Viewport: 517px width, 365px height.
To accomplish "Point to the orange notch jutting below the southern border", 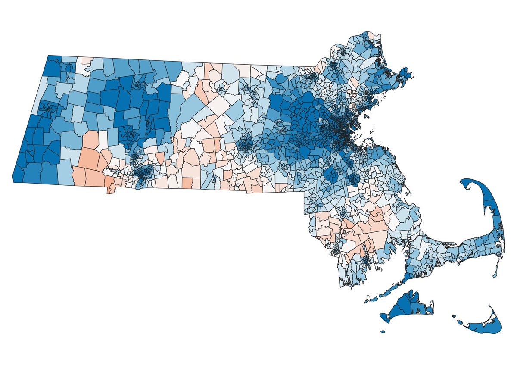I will click(x=110, y=189).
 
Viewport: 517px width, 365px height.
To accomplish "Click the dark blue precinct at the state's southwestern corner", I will click(x=19, y=175).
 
